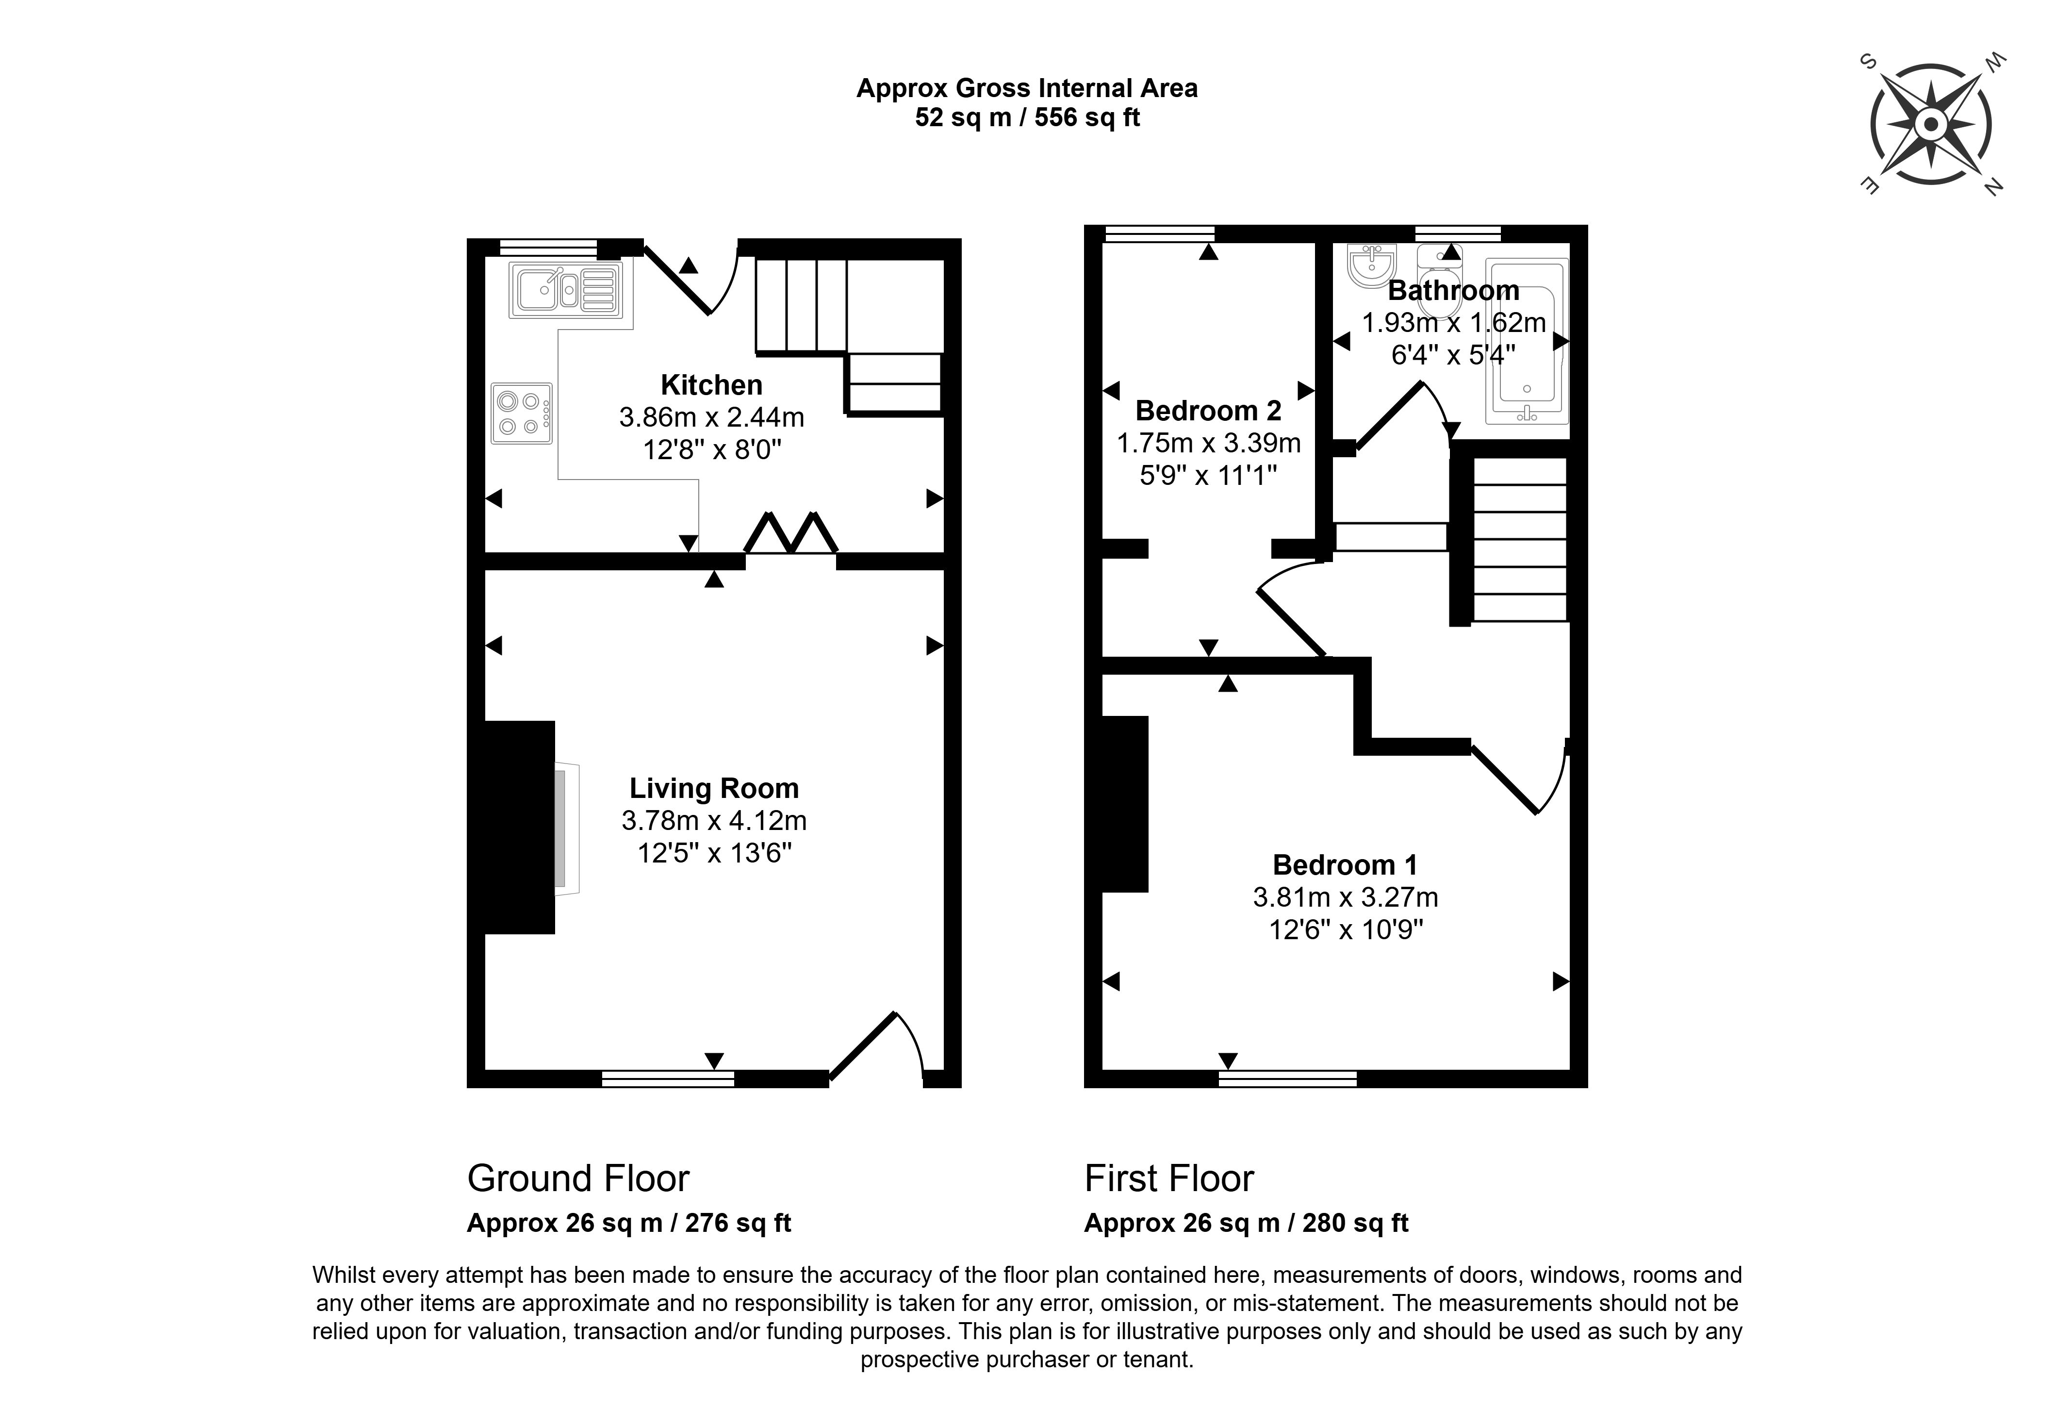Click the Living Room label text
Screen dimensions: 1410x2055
point(714,788)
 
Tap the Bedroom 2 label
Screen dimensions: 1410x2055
point(1208,411)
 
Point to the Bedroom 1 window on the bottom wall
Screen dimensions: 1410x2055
point(1287,1078)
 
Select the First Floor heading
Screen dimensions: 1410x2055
point(1169,1178)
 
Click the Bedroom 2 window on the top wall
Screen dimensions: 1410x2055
point(1159,233)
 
